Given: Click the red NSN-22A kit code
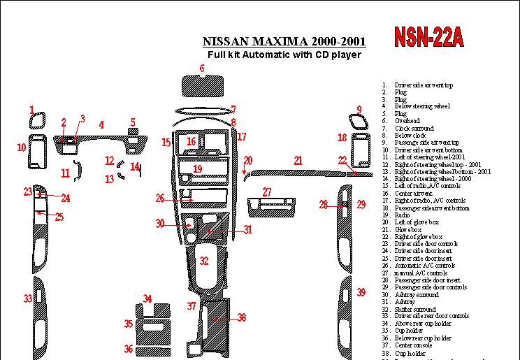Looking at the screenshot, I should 428,36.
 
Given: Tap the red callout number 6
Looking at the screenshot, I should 202,68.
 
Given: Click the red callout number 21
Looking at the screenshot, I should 298,161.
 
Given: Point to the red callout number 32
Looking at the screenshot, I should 203,261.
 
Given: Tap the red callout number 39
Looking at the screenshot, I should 361,292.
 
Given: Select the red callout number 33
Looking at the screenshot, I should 27,298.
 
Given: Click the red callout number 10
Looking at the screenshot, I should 22,147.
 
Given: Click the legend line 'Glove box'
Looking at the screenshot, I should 408,229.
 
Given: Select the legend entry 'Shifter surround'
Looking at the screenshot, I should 415,309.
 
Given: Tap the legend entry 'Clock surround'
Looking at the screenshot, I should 414,129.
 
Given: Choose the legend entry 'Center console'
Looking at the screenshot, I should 413,345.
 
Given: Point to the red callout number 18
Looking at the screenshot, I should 342,138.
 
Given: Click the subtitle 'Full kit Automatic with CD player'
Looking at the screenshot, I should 284,55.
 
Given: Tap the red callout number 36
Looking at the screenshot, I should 129,348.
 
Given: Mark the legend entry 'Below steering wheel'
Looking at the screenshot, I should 422,106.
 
